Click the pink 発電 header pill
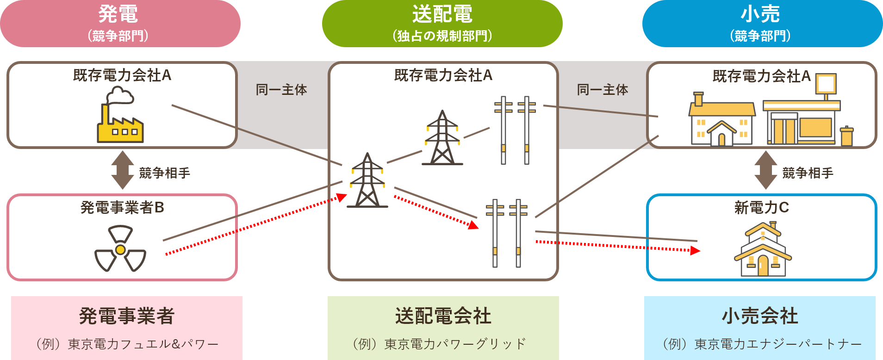point(119,23)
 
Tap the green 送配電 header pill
point(442,23)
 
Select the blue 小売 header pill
point(762,23)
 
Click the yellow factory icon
point(120,118)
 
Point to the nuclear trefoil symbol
point(120,249)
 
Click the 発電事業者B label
point(122,208)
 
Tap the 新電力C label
point(761,208)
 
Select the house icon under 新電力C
point(763,250)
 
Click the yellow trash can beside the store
point(846,136)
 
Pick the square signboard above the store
point(826,84)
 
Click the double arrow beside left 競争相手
point(123,170)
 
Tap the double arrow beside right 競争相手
point(765,170)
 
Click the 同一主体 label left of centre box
point(281,90)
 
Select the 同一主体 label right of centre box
point(603,90)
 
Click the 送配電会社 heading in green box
point(443,316)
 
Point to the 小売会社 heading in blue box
point(760,316)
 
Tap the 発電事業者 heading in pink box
point(126,316)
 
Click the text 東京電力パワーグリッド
point(455,344)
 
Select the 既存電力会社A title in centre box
point(443,75)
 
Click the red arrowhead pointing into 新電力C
point(695,250)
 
